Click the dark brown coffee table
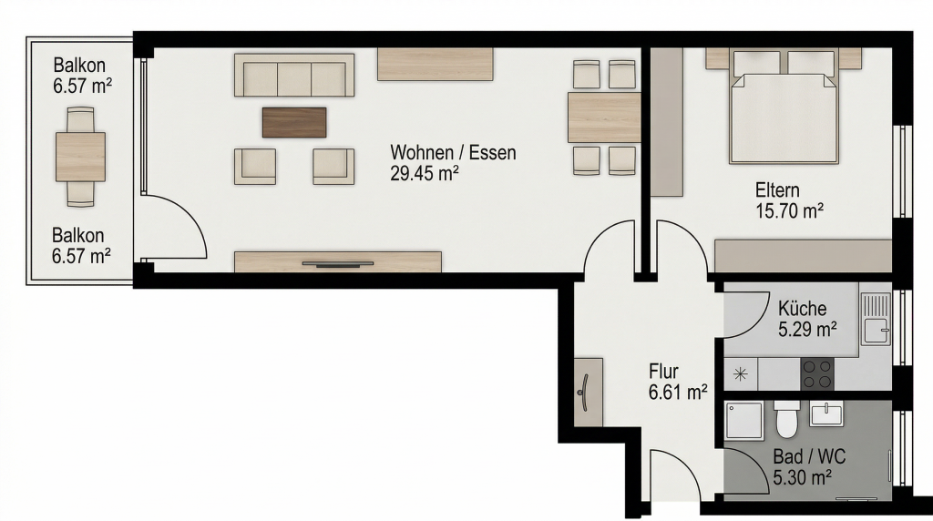pos(294,122)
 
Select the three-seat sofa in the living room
pos(294,75)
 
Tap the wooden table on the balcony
pos(80,157)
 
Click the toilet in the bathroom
pos(786,419)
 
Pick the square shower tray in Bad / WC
pos(744,421)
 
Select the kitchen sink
pos(876,320)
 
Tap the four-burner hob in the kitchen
pos(817,374)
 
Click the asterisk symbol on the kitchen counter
pos(740,374)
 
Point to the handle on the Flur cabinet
pos(584,393)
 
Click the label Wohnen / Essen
pos(453,153)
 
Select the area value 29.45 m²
pos(425,174)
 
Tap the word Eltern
pos(777,190)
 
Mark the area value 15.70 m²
pos(789,211)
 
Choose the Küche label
pos(802,308)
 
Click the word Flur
pos(663,372)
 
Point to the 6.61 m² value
pos(678,393)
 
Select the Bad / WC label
pos(809,456)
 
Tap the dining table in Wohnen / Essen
pos(604,117)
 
